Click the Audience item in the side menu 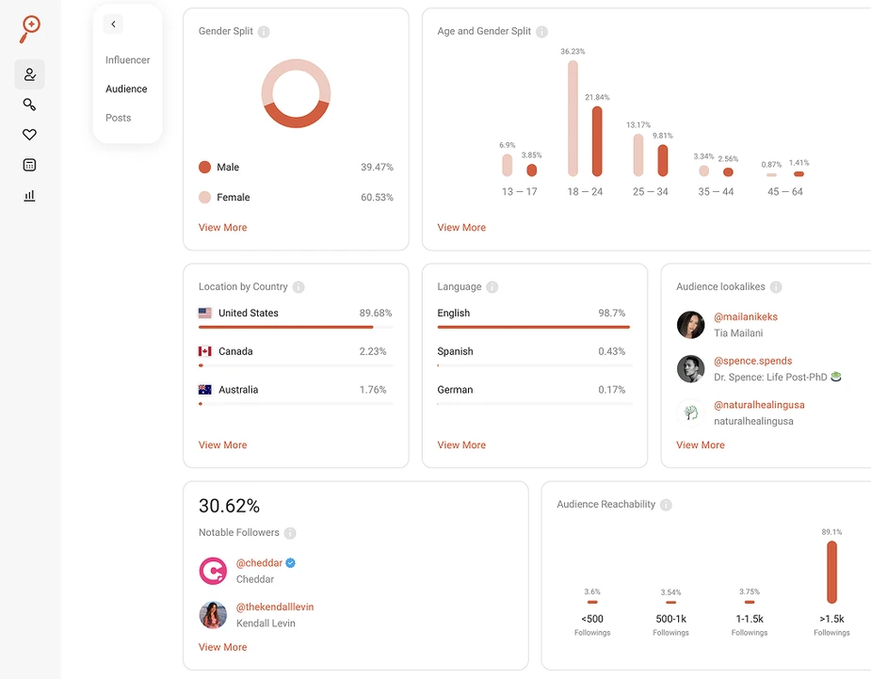click(x=126, y=89)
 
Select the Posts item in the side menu click(x=118, y=118)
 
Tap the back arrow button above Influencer click(x=113, y=24)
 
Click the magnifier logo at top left click(x=30, y=28)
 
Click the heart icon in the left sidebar click(x=29, y=135)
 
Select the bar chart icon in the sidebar click(x=29, y=195)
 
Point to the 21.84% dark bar click(x=597, y=141)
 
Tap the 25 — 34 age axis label click(x=650, y=192)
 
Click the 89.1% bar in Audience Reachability click(x=831, y=572)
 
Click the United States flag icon click(x=205, y=313)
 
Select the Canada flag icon click(x=205, y=351)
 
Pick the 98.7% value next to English click(x=612, y=313)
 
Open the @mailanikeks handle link click(x=746, y=317)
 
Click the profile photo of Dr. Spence click(x=690, y=368)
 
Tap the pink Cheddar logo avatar click(x=213, y=571)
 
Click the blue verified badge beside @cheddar click(x=291, y=563)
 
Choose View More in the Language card click(x=461, y=445)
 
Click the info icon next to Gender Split click(x=264, y=32)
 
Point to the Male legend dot click(x=204, y=167)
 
